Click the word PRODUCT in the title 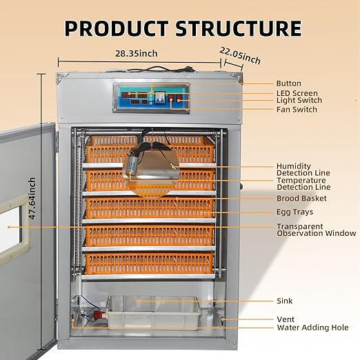pos(117,28)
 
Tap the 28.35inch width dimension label pos(137,54)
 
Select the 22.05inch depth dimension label pos(240,56)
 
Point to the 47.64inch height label pos(32,199)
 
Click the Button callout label pos(288,83)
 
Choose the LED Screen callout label pos(297,93)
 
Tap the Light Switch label pos(299,100)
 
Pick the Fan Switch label pos(297,110)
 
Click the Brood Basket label pos(301,198)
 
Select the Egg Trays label pos(294,212)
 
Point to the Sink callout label pos(285,301)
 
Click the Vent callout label pos(286,319)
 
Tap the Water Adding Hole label pos(312,328)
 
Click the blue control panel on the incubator pos(151,98)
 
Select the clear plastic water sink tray pos(153,312)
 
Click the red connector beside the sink pos(98,314)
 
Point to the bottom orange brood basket pos(150,263)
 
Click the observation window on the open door pos(10,226)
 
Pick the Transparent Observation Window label pos(317,230)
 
